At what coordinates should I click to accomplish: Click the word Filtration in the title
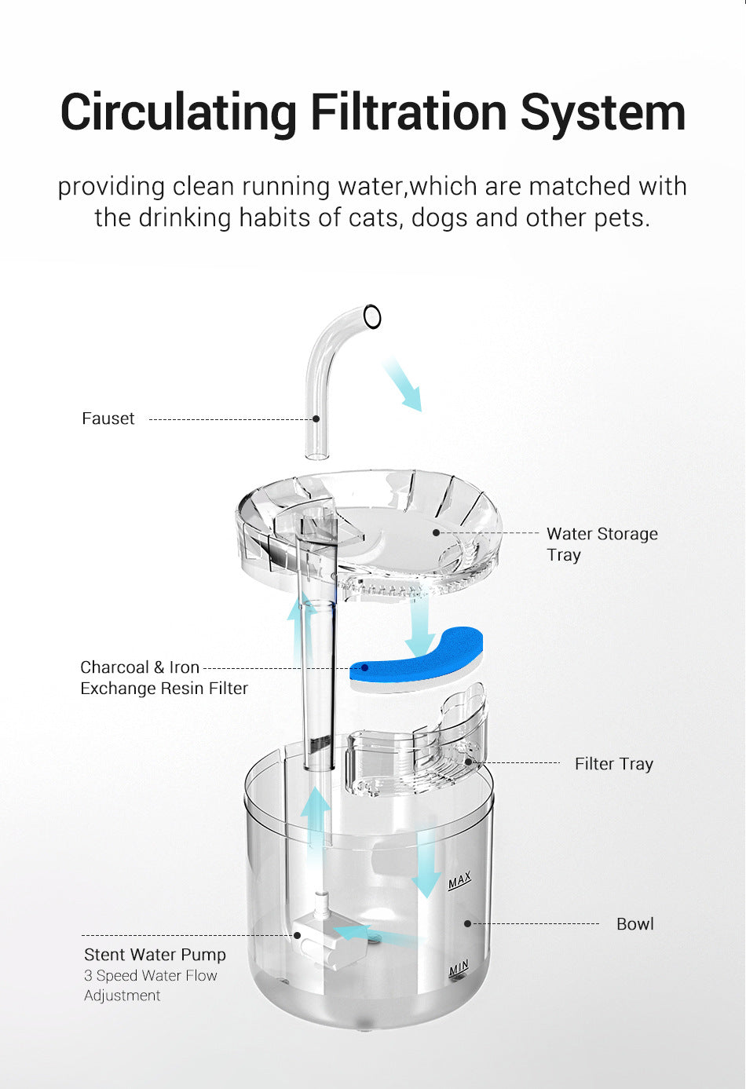pos(409,112)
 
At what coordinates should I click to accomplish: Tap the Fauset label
pos(108,418)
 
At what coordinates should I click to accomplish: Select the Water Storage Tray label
pos(602,543)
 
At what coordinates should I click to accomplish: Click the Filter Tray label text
pos(613,763)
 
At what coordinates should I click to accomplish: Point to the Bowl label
pos(634,923)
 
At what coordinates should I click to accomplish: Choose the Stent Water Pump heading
pos(155,954)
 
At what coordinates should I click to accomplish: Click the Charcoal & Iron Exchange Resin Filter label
pos(163,677)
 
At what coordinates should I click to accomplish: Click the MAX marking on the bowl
pos(459,880)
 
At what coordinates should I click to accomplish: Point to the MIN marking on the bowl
pos(459,969)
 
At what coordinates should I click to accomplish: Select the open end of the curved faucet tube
pos(372,316)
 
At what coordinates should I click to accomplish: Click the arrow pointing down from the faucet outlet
pos(403,384)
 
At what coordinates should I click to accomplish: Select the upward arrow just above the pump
pos(316,817)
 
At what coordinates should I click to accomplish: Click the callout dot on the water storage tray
pos(437,532)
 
